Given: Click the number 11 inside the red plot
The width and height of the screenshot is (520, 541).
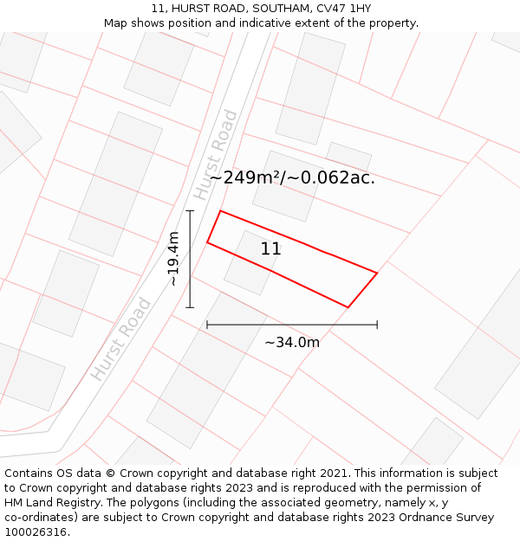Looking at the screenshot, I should (270, 249).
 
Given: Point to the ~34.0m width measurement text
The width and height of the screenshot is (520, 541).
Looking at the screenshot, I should (292, 342).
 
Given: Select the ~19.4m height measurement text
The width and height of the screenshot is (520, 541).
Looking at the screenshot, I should (173, 259).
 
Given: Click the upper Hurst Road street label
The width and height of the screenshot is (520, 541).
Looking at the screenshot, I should (216, 155).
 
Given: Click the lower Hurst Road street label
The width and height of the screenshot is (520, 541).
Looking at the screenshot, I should (121, 339).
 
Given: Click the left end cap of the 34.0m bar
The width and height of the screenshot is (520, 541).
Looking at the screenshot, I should (207, 325).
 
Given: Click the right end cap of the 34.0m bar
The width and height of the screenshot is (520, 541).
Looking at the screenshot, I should (377, 325).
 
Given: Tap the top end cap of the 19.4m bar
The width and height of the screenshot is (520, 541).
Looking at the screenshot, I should (190, 210).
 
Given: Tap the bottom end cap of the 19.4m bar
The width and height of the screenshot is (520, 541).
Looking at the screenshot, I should (190, 307).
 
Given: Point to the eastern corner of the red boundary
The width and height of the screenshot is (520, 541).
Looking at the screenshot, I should (377, 274).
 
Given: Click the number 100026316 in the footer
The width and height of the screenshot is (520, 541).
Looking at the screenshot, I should (36, 531).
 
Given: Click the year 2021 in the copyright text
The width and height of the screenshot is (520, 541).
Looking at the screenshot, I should (334, 473).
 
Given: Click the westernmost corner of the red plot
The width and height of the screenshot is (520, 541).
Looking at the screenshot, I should (207, 242).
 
